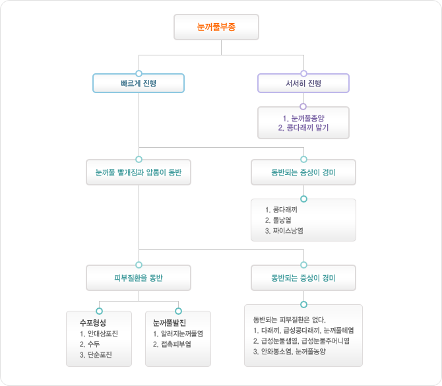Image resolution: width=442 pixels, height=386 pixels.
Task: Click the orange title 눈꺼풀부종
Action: (x=216, y=27)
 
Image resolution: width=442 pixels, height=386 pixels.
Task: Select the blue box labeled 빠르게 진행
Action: (x=139, y=83)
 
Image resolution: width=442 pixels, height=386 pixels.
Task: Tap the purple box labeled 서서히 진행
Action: (x=303, y=83)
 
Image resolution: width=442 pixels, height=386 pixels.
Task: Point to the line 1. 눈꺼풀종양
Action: (x=303, y=118)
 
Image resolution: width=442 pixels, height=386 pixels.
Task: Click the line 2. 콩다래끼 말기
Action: (x=303, y=128)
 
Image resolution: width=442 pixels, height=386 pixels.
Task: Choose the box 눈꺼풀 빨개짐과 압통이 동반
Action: (x=139, y=172)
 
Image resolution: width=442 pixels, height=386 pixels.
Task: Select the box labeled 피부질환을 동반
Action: (x=139, y=278)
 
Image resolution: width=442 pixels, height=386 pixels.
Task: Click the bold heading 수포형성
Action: (x=93, y=323)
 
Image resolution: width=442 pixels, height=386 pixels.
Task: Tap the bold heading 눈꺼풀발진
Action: (x=170, y=323)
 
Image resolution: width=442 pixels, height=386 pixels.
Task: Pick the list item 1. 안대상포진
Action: (x=99, y=334)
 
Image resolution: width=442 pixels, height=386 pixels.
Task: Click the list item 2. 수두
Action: (x=90, y=344)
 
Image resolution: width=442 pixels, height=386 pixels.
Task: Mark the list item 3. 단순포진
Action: (x=96, y=355)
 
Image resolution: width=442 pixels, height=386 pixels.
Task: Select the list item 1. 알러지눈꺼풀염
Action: (x=178, y=334)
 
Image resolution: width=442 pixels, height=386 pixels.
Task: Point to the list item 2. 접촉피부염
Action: (x=172, y=344)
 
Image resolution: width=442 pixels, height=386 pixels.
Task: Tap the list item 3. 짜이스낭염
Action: (x=284, y=231)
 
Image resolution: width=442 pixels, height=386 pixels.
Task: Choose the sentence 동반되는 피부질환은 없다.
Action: (x=289, y=320)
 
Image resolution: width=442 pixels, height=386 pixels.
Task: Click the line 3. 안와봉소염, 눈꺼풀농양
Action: (x=289, y=352)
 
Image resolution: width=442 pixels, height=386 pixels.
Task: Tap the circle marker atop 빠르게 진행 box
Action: (x=139, y=74)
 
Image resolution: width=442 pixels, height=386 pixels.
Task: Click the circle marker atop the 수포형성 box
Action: (x=99, y=311)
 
